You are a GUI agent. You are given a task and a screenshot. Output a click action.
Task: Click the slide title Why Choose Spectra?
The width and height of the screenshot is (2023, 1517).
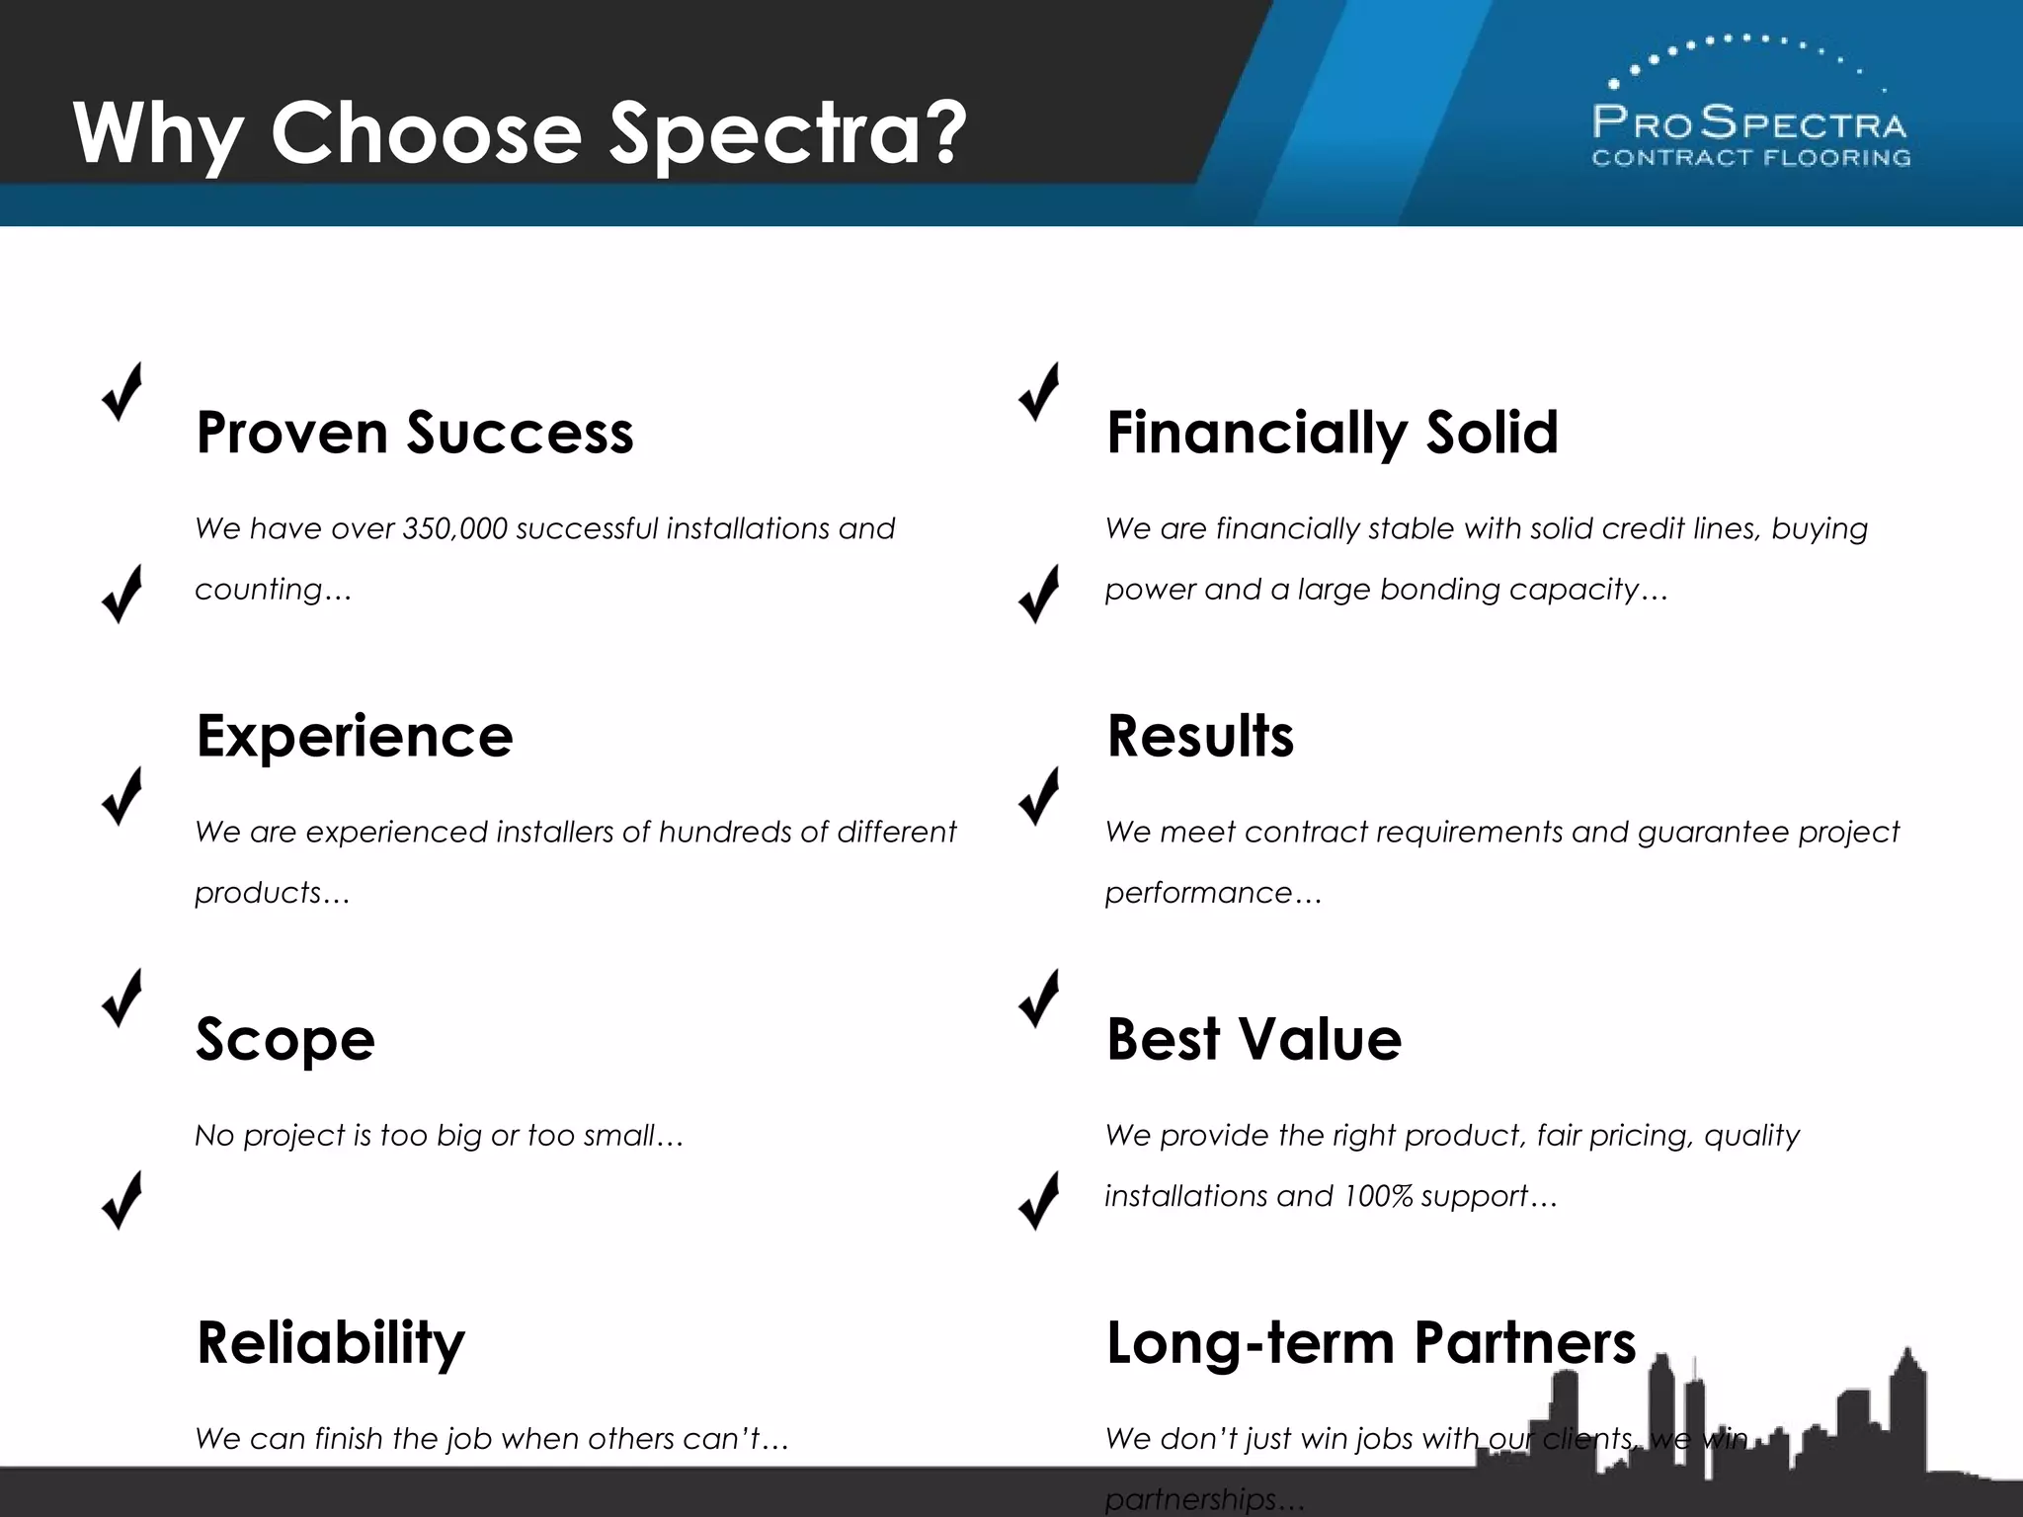tap(520, 133)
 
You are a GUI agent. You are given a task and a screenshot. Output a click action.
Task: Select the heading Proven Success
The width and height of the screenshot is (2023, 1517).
tap(415, 433)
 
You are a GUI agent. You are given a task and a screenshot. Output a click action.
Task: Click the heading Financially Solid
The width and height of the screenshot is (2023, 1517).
tap(1332, 433)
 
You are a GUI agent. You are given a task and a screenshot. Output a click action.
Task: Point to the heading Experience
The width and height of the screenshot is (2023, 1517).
tap(355, 736)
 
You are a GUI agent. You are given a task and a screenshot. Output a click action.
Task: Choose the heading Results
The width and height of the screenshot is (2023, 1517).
tap(1199, 736)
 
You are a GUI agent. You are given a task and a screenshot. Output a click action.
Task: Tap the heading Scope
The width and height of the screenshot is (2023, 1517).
tap(285, 1039)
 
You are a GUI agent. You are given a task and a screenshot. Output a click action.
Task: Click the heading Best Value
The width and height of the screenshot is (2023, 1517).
tap(1254, 1039)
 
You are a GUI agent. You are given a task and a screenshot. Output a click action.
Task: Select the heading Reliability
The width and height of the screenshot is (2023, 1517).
tap(330, 1343)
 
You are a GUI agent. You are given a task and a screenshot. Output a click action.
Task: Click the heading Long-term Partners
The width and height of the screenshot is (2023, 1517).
tap(1371, 1343)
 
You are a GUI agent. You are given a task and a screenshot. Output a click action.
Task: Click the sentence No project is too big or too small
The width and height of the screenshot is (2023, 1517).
tap(439, 1136)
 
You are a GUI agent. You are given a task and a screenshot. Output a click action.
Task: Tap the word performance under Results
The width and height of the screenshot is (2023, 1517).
tap(1198, 894)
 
